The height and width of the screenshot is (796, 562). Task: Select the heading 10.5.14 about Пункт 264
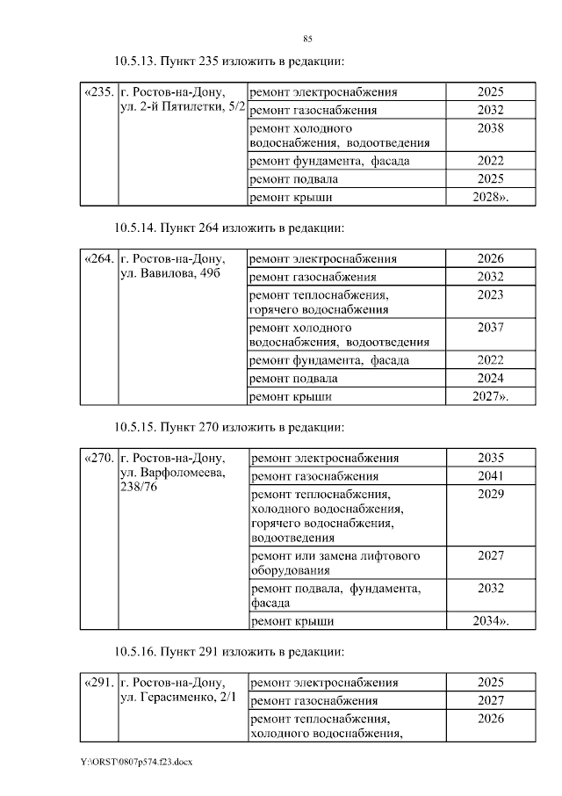(x=228, y=228)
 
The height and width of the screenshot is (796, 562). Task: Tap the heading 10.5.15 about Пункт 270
(x=228, y=427)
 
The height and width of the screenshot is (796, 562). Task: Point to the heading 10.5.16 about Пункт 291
(x=228, y=652)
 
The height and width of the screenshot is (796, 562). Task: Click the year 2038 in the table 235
(x=490, y=128)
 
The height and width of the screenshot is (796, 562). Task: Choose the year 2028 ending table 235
(x=488, y=198)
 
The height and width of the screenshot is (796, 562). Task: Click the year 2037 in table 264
(x=490, y=328)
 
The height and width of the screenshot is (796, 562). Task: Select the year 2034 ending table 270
(x=489, y=622)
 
